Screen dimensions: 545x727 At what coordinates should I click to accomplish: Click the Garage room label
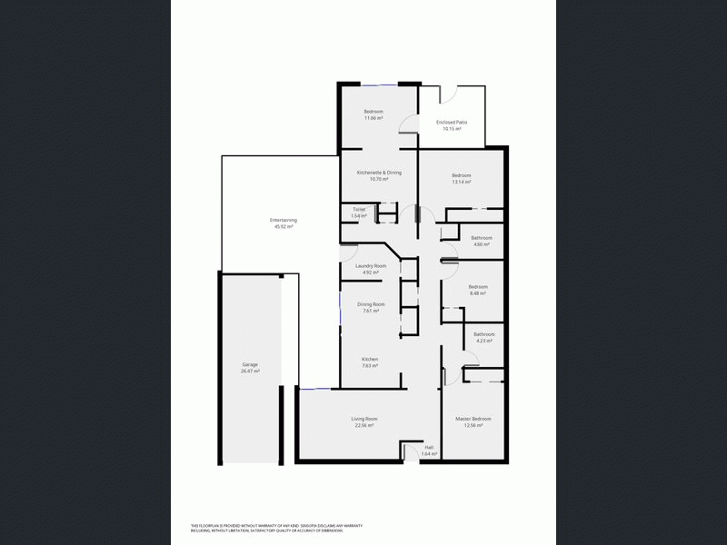(250, 364)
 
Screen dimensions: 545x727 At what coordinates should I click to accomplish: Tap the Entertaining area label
(284, 220)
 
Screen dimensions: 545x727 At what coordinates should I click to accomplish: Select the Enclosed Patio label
(452, 122)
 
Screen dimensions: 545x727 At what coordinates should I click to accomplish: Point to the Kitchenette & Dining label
(379, 172)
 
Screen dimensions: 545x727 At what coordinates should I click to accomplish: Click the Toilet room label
(359, 209)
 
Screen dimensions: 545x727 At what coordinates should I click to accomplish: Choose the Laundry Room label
(371, 265)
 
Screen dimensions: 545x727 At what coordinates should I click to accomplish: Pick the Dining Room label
(371, 304)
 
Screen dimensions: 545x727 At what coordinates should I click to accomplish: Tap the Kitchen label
(370, 359)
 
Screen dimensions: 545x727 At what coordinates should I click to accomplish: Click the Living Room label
(364, 418)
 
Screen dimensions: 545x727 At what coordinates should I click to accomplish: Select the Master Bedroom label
(473, 418)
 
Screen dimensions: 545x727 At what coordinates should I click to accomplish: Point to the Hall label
(429, 447)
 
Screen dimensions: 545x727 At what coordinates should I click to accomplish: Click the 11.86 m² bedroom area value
(373, 118)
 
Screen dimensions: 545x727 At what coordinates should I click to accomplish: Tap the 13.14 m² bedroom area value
(462, 182)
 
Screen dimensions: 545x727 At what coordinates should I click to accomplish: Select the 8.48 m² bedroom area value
(478, 293)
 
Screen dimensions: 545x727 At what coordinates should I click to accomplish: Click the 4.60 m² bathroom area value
(481, 244)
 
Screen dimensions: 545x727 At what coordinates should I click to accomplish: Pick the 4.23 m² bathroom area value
(483, 341)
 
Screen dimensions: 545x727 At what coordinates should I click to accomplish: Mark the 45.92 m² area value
(284, 227)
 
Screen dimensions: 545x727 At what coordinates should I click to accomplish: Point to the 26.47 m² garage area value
(250, 372)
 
